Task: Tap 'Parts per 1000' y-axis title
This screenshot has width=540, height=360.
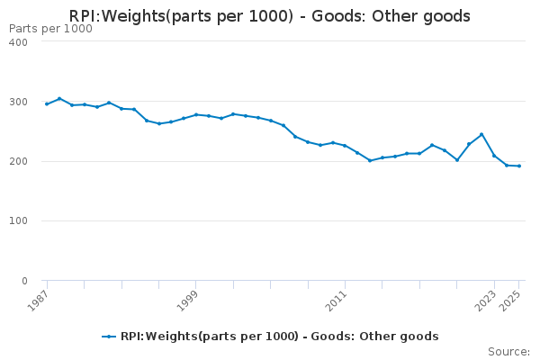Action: click(x=50, y=29)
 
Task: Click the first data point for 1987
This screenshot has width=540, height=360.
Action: click(x=47, y=103)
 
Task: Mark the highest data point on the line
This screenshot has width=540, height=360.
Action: click(x=59, y=99)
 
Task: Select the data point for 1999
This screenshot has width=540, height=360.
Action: click(x=196, y=114)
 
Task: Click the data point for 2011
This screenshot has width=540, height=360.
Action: click(x=345, y=146)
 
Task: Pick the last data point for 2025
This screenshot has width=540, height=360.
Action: click(x=518, y=166)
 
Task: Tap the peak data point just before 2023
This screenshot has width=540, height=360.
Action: click(x=481, y=134)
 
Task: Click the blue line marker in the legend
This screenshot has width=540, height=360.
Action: click(x=109, y=337)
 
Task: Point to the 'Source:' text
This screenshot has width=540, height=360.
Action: click(x=508, y=351)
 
